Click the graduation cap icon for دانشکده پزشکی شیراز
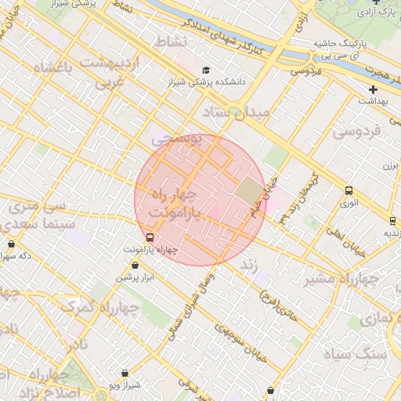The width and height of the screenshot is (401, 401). click(x=206, y=70)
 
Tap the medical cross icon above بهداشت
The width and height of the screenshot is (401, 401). click(x=373, y=90)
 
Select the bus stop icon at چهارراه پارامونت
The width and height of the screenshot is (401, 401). click(x=150, y=237)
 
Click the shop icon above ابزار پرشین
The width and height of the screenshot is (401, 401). click(x=135, y=266)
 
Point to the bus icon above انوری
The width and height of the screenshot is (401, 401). click(x=349, y=190)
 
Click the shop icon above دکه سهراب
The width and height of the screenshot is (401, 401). click(x=11, y=244)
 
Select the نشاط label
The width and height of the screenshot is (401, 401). click(x=172, y=41)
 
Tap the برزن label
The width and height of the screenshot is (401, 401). click(x=391, y=166)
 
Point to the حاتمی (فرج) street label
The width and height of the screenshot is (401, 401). click(x=277, y=305)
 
